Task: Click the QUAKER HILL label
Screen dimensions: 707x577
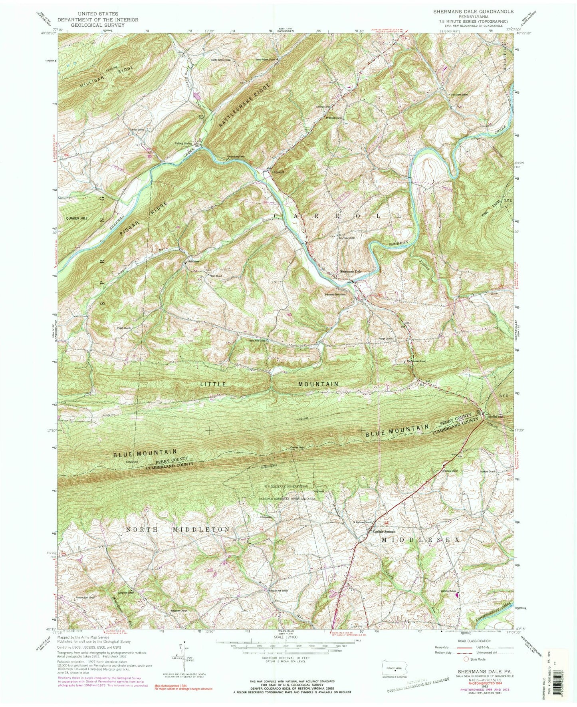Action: [x=77, y=218]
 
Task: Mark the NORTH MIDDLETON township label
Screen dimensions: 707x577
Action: [x=178, y=530]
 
